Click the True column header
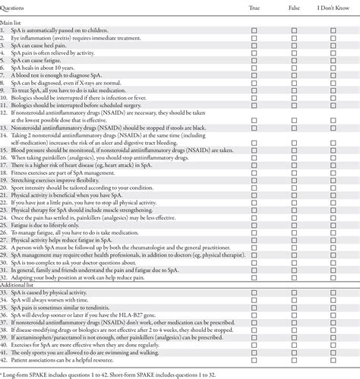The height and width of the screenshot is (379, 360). pyautogui.click(x=254, y=6)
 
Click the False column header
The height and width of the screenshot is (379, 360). pyautogui.click(x=292, y=6)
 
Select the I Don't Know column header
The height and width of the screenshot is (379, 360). pyautogui.click(x=333, y=6)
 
